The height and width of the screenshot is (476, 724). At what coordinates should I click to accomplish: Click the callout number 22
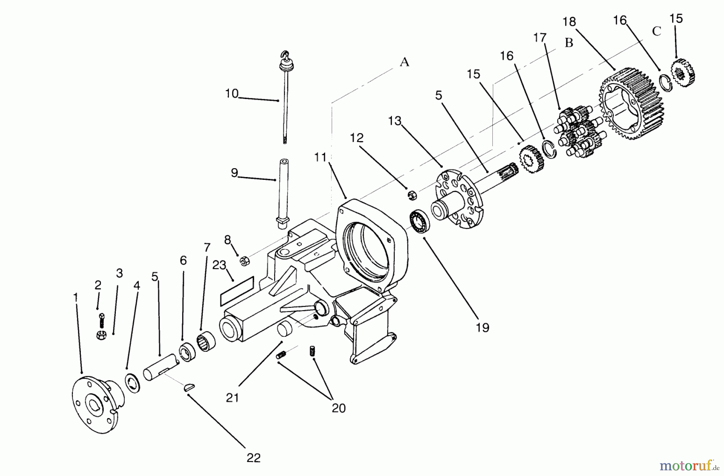coord(253,458)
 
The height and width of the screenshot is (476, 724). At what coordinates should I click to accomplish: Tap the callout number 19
coord(482,328)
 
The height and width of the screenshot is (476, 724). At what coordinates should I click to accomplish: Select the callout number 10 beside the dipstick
coord(232,94)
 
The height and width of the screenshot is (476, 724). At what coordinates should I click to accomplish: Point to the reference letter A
coord(404,62)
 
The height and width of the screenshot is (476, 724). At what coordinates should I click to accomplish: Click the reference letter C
coord(656,31)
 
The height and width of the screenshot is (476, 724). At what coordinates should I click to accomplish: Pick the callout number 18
coord(569,21)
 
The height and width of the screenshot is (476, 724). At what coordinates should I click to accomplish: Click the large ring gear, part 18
coord(631,105)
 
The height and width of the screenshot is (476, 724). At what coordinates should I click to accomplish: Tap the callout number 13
coord(395,121)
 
